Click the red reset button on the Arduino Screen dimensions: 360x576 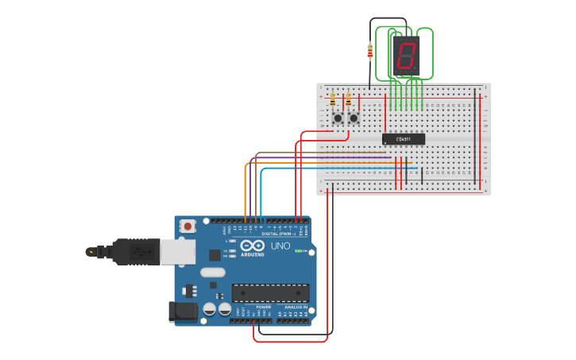pos(187,226)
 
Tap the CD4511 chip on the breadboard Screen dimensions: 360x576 pos(404,139)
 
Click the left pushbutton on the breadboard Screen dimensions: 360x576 pos(338,118)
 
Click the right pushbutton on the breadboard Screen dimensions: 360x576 pos(354,118)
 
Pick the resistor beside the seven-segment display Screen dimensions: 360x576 pos(369,52)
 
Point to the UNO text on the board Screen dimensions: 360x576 pos(280,246)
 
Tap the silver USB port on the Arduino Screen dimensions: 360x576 pos(177,252)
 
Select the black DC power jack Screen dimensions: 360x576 pos(183,312)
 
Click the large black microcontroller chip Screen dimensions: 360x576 pos(270,292)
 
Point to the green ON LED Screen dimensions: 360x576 pos(299,251)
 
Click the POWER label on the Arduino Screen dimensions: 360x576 pos(263,307)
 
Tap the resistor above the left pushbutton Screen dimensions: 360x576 pos(332,100)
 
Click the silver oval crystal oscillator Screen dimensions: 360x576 pos(213,273)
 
